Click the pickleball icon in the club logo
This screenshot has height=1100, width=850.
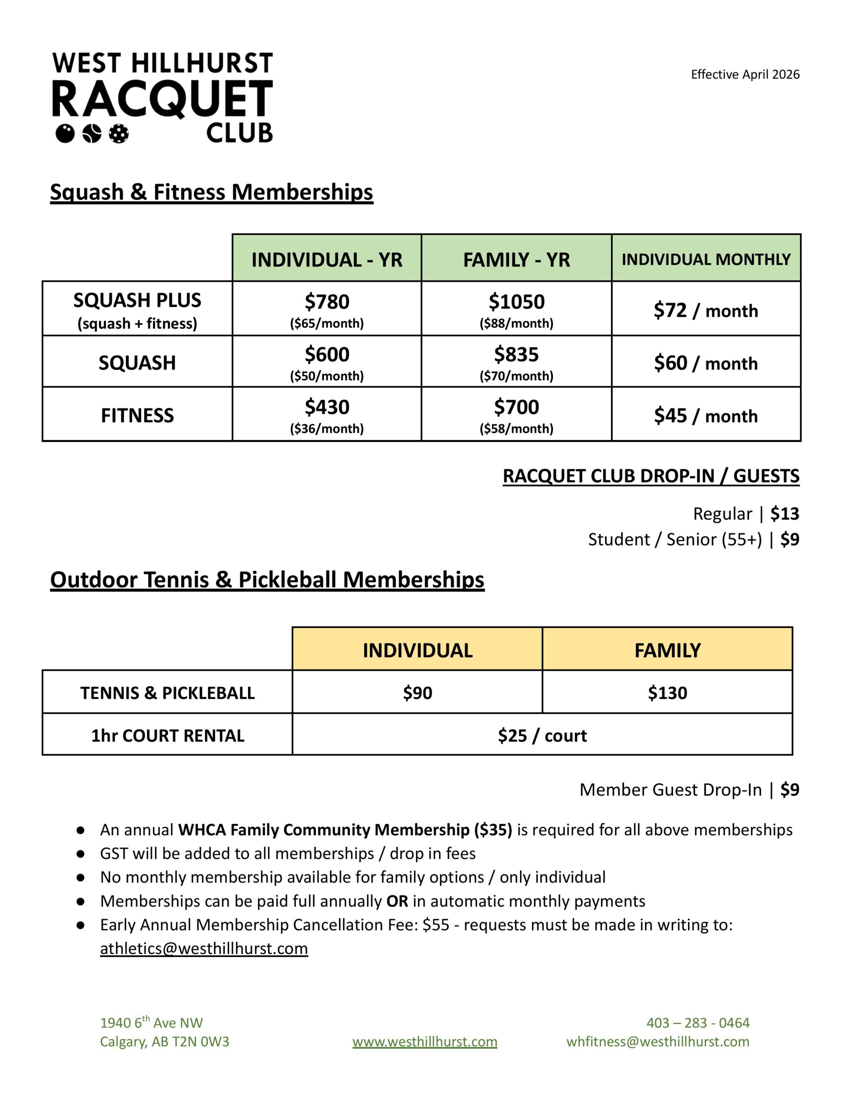pyautogui.click(x=119, y=134)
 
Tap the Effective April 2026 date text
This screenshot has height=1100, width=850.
pyautogui.click(x=745, y=74)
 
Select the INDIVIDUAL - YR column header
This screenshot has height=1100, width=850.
pyautogui.click(x=327, y=260)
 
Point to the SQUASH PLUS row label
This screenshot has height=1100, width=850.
pyautogui.click(x=137, y=301)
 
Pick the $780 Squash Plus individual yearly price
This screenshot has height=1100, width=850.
pyautogui.click(x=327, y=302)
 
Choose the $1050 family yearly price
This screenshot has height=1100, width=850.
pyautogui.click(x=517, y=302)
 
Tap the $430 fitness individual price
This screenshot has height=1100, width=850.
pyautogui.click(x=327, y=407)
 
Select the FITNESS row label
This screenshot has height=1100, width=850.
pyautogui.click(x=137, y=416)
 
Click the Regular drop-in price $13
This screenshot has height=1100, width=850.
pyautogui.click(x=785, y=514)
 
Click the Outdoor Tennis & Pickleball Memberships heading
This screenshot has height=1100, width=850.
pyautogui.click(x=267, y=580)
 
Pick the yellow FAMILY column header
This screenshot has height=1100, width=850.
pyautogui.click(x=667, y=650)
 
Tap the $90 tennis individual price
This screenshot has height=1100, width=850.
pyautogui.click(x=417, y=693)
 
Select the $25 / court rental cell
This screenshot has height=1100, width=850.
pyautogui.click(x=542, y=736)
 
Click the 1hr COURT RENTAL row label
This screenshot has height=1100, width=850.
pyautogui.click(x=167, y=736)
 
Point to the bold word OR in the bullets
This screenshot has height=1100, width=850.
pyautogui.click(x=397, y=901)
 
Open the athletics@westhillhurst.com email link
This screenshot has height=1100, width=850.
pyautogui.click(x=204, y=948)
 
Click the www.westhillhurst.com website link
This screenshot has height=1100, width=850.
pyautogui.click(x=424, y=1042)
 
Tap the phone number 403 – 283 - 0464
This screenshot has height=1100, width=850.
pyautogui.click(x=698, y=1023)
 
